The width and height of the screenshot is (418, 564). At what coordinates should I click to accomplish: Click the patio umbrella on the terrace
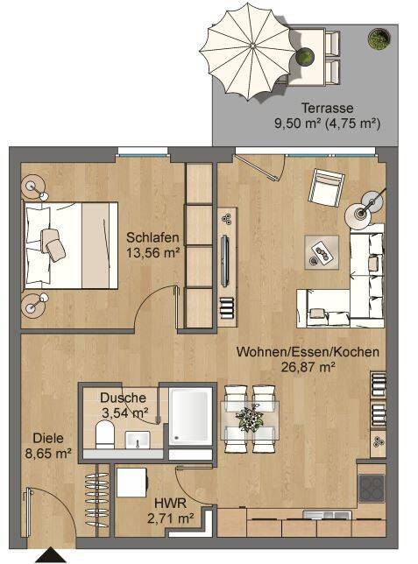click(x=249, y=52)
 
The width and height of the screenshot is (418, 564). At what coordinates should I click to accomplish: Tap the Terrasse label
click(x=327, y=108)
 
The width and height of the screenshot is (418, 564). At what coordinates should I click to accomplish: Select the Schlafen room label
click(x=152, y=237)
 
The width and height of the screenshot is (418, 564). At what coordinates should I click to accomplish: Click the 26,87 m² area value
click(x=308, y=367)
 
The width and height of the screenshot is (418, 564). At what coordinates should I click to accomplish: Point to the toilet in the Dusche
click(x=105, y=434)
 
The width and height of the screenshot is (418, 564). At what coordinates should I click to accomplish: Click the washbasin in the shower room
click(x=138, y=439)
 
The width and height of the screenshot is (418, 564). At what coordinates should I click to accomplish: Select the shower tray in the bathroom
click(x=190, y=415)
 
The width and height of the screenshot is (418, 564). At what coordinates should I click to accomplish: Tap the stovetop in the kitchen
click(x=372, y=488)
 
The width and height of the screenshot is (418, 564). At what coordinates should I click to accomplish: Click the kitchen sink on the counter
click(x=327, y=516)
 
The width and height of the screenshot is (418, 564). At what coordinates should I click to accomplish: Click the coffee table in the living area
click(x=322, y=252)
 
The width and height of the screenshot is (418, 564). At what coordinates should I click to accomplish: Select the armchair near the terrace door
click(x=326, y=187)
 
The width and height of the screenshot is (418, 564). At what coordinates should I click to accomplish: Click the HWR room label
click(x=170, y=503)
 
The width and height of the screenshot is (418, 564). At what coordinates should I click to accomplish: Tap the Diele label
click(x=48, y=438)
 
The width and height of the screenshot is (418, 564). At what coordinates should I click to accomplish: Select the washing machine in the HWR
click(x=132, y=483)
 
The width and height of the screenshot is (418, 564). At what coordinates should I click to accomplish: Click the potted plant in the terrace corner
click(x=379, y=39)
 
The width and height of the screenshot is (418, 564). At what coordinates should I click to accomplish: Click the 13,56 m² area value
click(x=153, y=252)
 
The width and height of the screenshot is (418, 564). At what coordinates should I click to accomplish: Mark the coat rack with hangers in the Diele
click(x=97, y=499)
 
